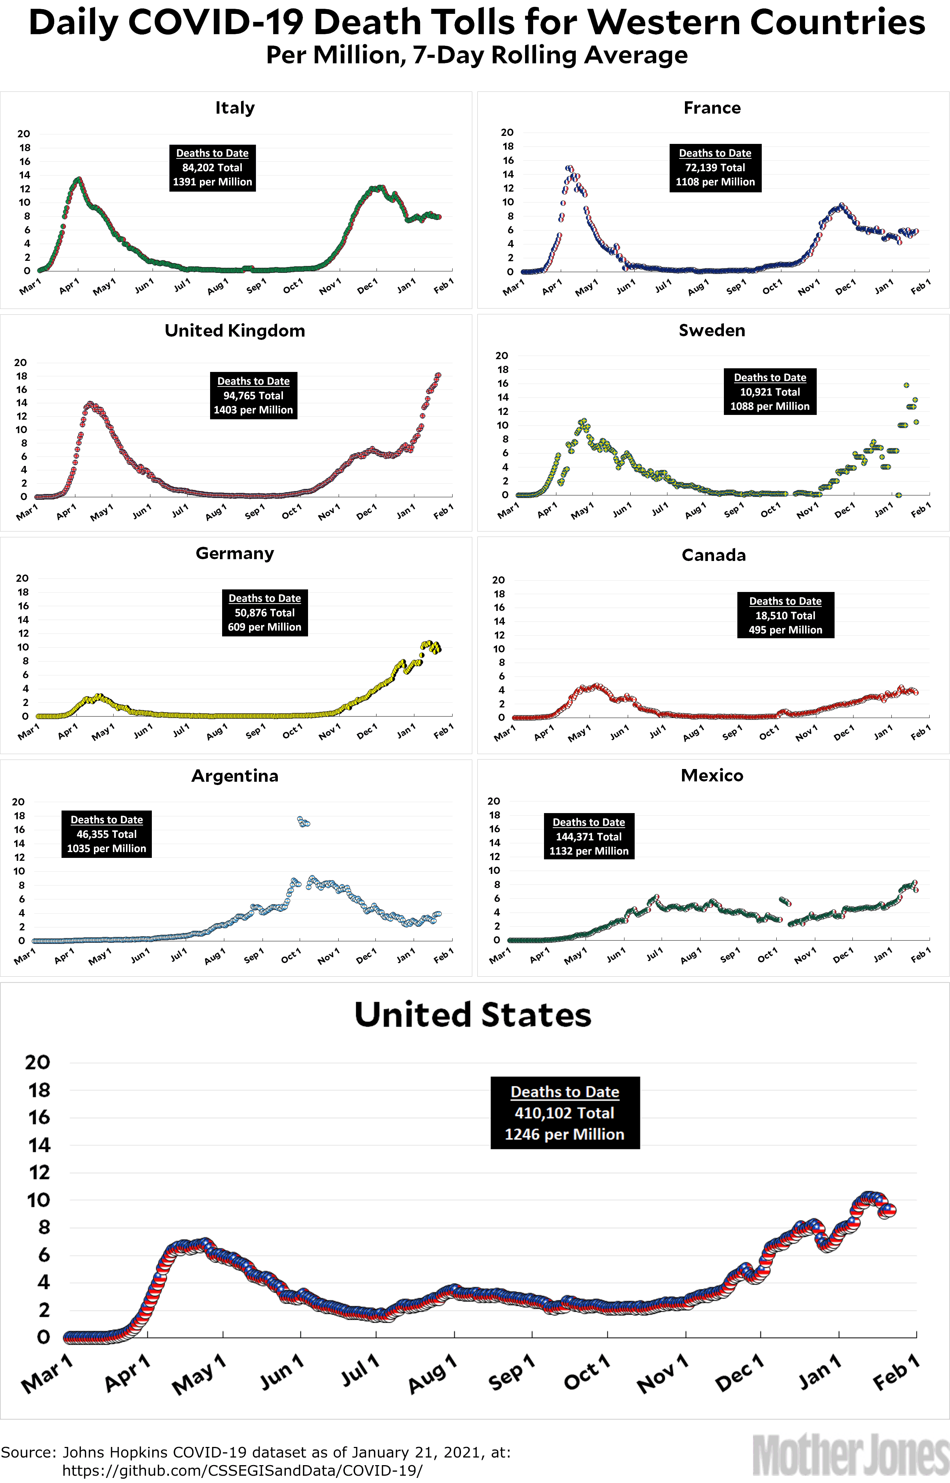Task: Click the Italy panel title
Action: point(234,108)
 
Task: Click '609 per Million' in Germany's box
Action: point(265,627)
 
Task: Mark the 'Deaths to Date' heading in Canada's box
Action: point(785,601)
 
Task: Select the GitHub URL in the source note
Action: point(243,1471)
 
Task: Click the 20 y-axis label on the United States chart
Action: point(38,1063)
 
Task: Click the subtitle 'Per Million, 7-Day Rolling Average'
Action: point(477,55)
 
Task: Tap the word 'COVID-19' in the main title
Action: point(216,23)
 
